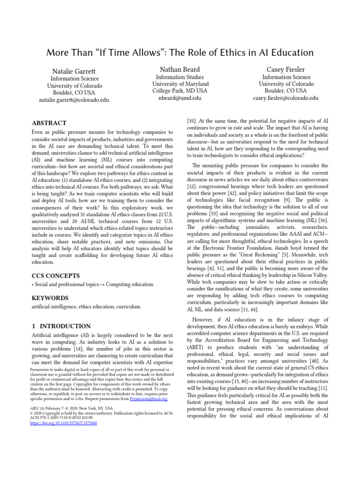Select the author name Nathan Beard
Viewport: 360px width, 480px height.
[180, 68]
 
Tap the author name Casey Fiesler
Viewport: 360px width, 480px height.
[285, 68]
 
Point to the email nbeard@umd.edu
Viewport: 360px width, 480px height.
[180, 98]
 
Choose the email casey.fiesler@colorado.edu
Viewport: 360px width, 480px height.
[285, 98]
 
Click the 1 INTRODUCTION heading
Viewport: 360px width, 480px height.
[60, 326]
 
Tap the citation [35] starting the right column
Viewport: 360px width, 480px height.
[192, 120]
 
